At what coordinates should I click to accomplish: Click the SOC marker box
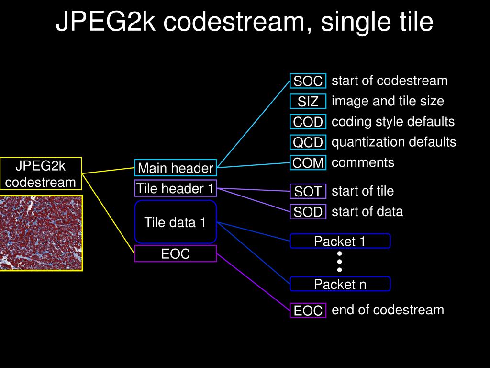308,81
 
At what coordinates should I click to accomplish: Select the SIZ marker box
308,102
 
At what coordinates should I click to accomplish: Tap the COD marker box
308,122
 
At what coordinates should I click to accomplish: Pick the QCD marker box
308,142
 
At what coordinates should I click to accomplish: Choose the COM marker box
308,163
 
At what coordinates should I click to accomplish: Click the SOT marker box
308,191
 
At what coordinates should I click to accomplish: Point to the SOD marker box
308,211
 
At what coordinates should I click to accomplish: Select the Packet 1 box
340,241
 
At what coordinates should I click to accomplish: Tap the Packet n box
340,284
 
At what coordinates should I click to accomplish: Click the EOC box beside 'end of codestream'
308,310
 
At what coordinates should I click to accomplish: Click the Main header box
176,168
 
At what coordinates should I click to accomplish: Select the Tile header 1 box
176,188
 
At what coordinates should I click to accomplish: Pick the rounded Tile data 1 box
176,222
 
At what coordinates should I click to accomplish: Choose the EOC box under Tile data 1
176,253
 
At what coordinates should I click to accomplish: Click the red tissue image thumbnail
41,233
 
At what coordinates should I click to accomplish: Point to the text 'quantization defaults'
394,142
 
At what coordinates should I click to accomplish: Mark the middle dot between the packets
340,262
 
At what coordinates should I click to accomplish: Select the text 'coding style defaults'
393,122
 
